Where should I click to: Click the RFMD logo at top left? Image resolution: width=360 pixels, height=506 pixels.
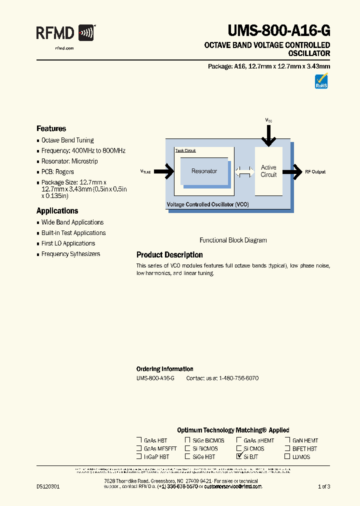click(65, 33)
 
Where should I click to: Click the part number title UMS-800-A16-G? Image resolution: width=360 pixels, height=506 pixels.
click(279, 31)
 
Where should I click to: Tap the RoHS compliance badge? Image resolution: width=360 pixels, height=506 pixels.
click(321, 81)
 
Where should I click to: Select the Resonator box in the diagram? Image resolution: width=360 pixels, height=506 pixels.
click(204, 171)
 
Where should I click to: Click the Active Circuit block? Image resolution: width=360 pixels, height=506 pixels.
click(268, 171)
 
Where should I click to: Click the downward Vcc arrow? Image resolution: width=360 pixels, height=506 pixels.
click(268, 134)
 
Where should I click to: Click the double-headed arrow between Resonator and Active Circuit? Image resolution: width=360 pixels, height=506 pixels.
click(244, 171)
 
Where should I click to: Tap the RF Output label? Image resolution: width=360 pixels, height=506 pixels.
click(315, 171)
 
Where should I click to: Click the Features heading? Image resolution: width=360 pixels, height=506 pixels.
click(51, 128)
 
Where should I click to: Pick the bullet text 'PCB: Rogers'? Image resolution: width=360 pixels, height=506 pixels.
click(57, 172)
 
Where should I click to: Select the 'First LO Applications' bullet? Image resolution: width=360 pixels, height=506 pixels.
click(68, 243)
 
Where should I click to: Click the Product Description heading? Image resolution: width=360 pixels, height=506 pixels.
click(169, 255)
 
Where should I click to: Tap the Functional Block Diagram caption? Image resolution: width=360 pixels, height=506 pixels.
click(233, 240)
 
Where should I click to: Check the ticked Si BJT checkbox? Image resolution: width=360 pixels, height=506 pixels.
click(239, 456)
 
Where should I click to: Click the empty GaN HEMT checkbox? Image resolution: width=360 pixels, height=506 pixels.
click(287, 440)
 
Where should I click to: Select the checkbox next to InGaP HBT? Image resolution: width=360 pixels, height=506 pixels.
click(139, 456)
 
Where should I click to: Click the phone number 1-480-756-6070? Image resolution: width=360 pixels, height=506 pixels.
click(237, 378)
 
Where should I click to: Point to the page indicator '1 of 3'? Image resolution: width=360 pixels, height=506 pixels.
click(323, 486)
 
